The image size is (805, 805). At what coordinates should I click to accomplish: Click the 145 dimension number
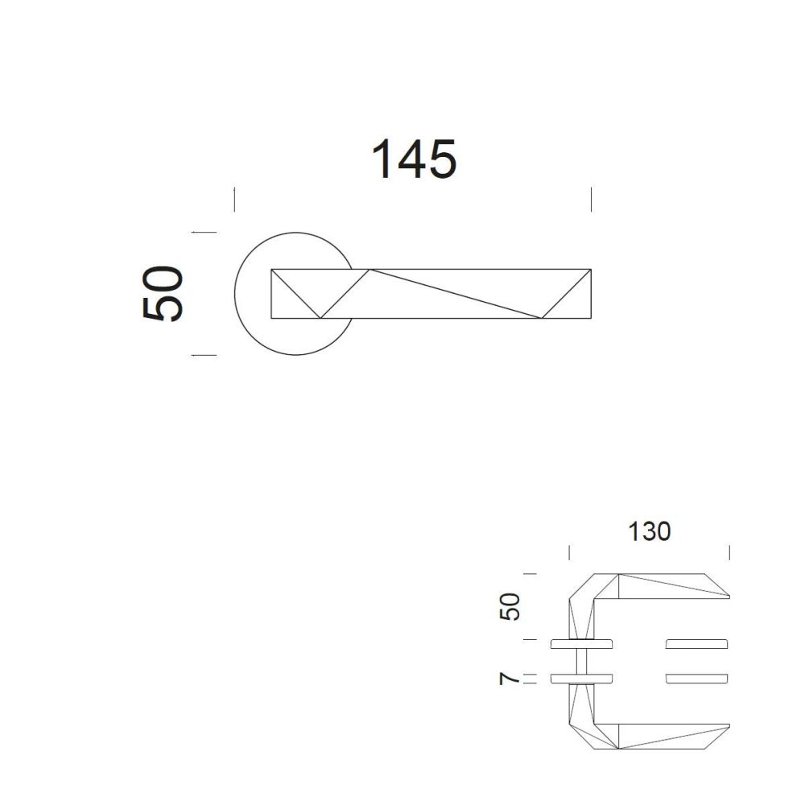tap(414, 159)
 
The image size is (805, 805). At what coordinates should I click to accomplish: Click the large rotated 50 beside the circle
tap(163, 293)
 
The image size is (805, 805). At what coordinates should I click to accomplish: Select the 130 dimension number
tap(650, 531)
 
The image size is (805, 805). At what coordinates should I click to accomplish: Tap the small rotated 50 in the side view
tap(510, 606)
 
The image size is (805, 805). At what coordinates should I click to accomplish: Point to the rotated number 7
tap(510, 679)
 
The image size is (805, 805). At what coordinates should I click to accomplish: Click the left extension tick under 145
tap(234, 199)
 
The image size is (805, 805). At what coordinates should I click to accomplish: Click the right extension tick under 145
tap(592, 199)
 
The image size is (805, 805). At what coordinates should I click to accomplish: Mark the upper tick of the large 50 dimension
tap(204, 232)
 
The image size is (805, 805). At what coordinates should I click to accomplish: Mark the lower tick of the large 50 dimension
tap(204, 355)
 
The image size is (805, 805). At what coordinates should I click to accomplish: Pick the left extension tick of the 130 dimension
tap(569, 553)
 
